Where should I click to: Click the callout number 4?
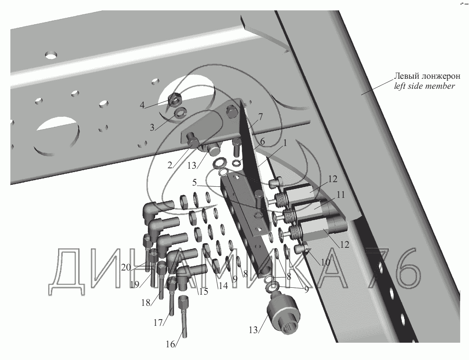point(142,105)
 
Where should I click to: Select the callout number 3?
point(152,128)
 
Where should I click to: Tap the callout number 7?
point(260,117)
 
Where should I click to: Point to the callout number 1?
point(285,143)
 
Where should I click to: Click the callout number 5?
point(194,182)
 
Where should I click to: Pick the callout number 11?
point(341,195)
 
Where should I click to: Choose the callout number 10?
point(326,262)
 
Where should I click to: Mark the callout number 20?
point(126,267)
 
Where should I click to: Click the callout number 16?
point(171,344)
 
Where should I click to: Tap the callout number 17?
point(158,323)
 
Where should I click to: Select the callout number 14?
point(224,285)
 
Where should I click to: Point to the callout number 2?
point(170,165)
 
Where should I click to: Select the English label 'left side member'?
point(424,86)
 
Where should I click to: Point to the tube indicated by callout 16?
point(184,315)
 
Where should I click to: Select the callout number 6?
point(262,142)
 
